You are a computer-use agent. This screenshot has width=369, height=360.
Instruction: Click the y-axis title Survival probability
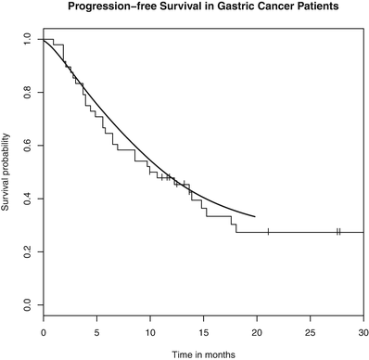pyautogui.click(x=7, y=172)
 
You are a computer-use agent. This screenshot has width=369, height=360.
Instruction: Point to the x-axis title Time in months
pyautogui.click(x=202, y=354)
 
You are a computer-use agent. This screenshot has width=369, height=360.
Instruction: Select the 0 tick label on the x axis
pyautogui.click(x=43, y=330)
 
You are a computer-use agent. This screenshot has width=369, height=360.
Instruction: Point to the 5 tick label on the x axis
pyautogui.click(x=96, y=330)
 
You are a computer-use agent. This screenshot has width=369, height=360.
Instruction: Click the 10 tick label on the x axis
pyautogui.click(x=150, y=330)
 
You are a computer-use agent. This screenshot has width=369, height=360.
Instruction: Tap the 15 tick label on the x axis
pyautogui.click(x=203, y=330)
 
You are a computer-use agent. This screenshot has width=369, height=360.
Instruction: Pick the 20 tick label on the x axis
pyautogui.click(x=257, y=330)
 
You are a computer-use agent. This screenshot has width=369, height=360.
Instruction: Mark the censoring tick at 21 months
pyautogui.click(x=268, y=232)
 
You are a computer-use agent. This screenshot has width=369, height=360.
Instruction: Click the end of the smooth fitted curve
pyautogui.click(x=255, y=216)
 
